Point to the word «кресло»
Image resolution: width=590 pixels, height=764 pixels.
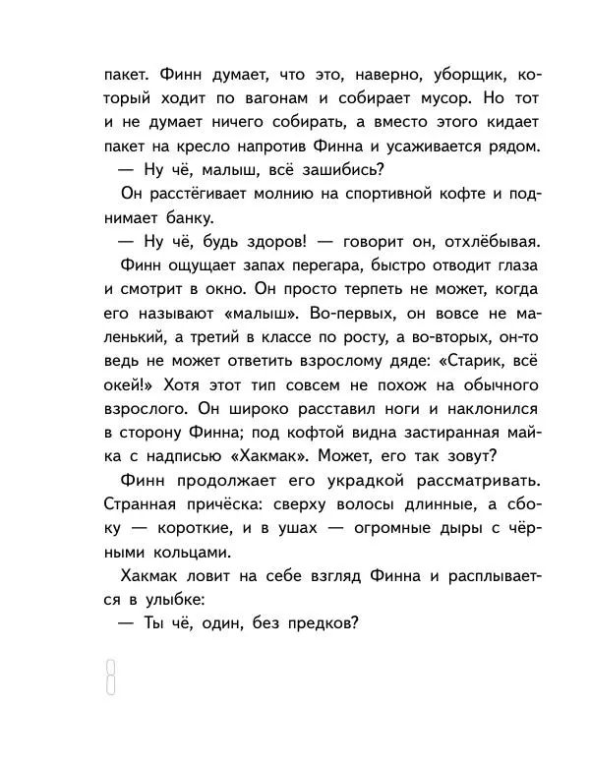pos(200,147)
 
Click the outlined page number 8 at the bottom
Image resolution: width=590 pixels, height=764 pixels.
pos(111,676)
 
